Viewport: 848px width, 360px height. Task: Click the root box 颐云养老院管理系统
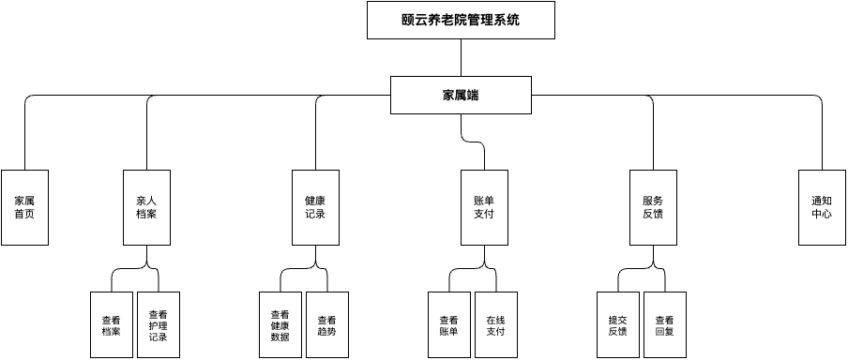point(461,20)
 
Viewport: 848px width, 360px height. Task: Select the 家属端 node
point(461,95)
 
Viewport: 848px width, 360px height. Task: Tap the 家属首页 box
point(24,207)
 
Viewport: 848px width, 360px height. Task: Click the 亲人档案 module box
point(146,207)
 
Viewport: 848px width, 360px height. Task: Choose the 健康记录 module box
point(315,207)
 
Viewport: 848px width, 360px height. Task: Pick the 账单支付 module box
point(484,207)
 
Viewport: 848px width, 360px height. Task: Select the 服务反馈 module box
point(653,207)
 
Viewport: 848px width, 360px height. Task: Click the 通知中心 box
point(822,207)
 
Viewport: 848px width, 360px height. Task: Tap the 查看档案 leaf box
point(111,324)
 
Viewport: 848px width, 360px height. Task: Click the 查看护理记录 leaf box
point(158,324)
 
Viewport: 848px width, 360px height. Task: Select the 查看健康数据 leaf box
point(280,324)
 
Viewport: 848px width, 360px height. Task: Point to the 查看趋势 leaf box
point(326,324)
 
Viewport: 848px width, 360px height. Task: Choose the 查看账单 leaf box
point(448,324)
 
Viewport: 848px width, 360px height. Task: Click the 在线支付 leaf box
point(495,324)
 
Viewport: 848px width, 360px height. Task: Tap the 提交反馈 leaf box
point(617,324)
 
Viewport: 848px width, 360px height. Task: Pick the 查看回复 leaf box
point(664,324)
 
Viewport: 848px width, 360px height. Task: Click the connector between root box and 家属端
point(461,57)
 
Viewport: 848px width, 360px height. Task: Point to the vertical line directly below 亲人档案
point(146,256)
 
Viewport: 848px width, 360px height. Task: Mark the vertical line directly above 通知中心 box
point(822,141)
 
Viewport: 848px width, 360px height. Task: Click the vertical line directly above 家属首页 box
point(24,141)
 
